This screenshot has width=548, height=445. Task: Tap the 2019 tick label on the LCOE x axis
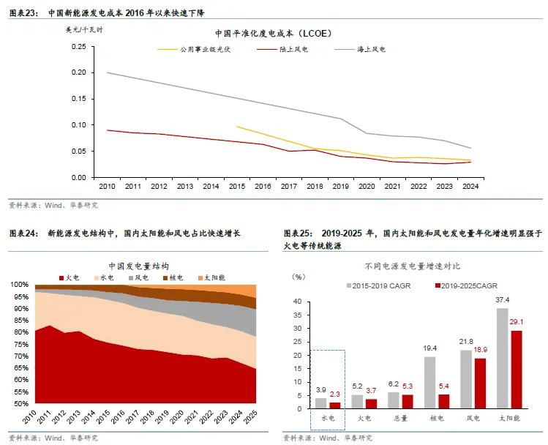340,187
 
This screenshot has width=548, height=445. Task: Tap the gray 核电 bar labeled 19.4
429,382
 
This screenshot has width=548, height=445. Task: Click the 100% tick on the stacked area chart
20,285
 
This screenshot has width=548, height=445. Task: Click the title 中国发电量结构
138,266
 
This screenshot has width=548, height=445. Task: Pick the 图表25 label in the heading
298,233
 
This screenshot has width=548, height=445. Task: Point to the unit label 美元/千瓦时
86,30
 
